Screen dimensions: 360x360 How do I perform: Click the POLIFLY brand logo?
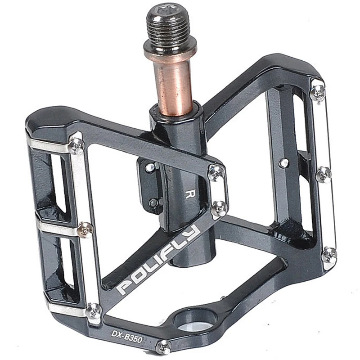point(158,260)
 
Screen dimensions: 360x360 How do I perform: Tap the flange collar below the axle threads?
point(170,49)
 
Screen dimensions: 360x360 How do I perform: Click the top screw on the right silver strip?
point(318,92)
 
